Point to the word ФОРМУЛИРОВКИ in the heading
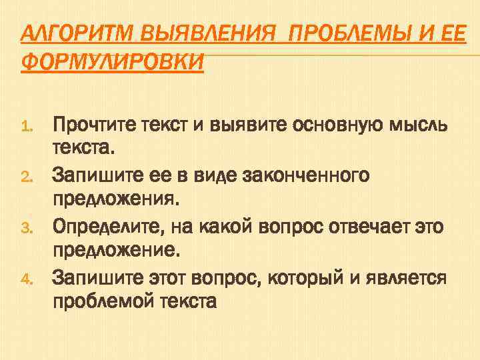click(112, 62)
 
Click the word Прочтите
click(93, 124)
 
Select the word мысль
click(415, 124)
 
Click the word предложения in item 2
click(116, 201)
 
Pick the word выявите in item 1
click(233, 124)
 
